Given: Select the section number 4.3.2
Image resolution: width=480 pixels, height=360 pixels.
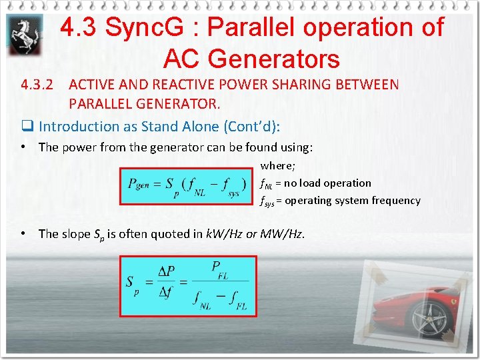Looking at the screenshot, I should (37, 85).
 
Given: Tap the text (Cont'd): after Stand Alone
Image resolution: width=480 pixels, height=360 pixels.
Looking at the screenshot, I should (253, 126).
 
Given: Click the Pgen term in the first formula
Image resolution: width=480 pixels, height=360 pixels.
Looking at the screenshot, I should (139, 183).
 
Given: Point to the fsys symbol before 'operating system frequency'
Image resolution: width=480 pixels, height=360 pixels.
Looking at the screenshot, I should (267, 201).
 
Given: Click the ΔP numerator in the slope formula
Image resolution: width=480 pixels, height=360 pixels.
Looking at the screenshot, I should (167, 271).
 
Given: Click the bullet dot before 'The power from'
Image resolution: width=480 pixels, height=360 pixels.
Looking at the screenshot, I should (23, 147).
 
